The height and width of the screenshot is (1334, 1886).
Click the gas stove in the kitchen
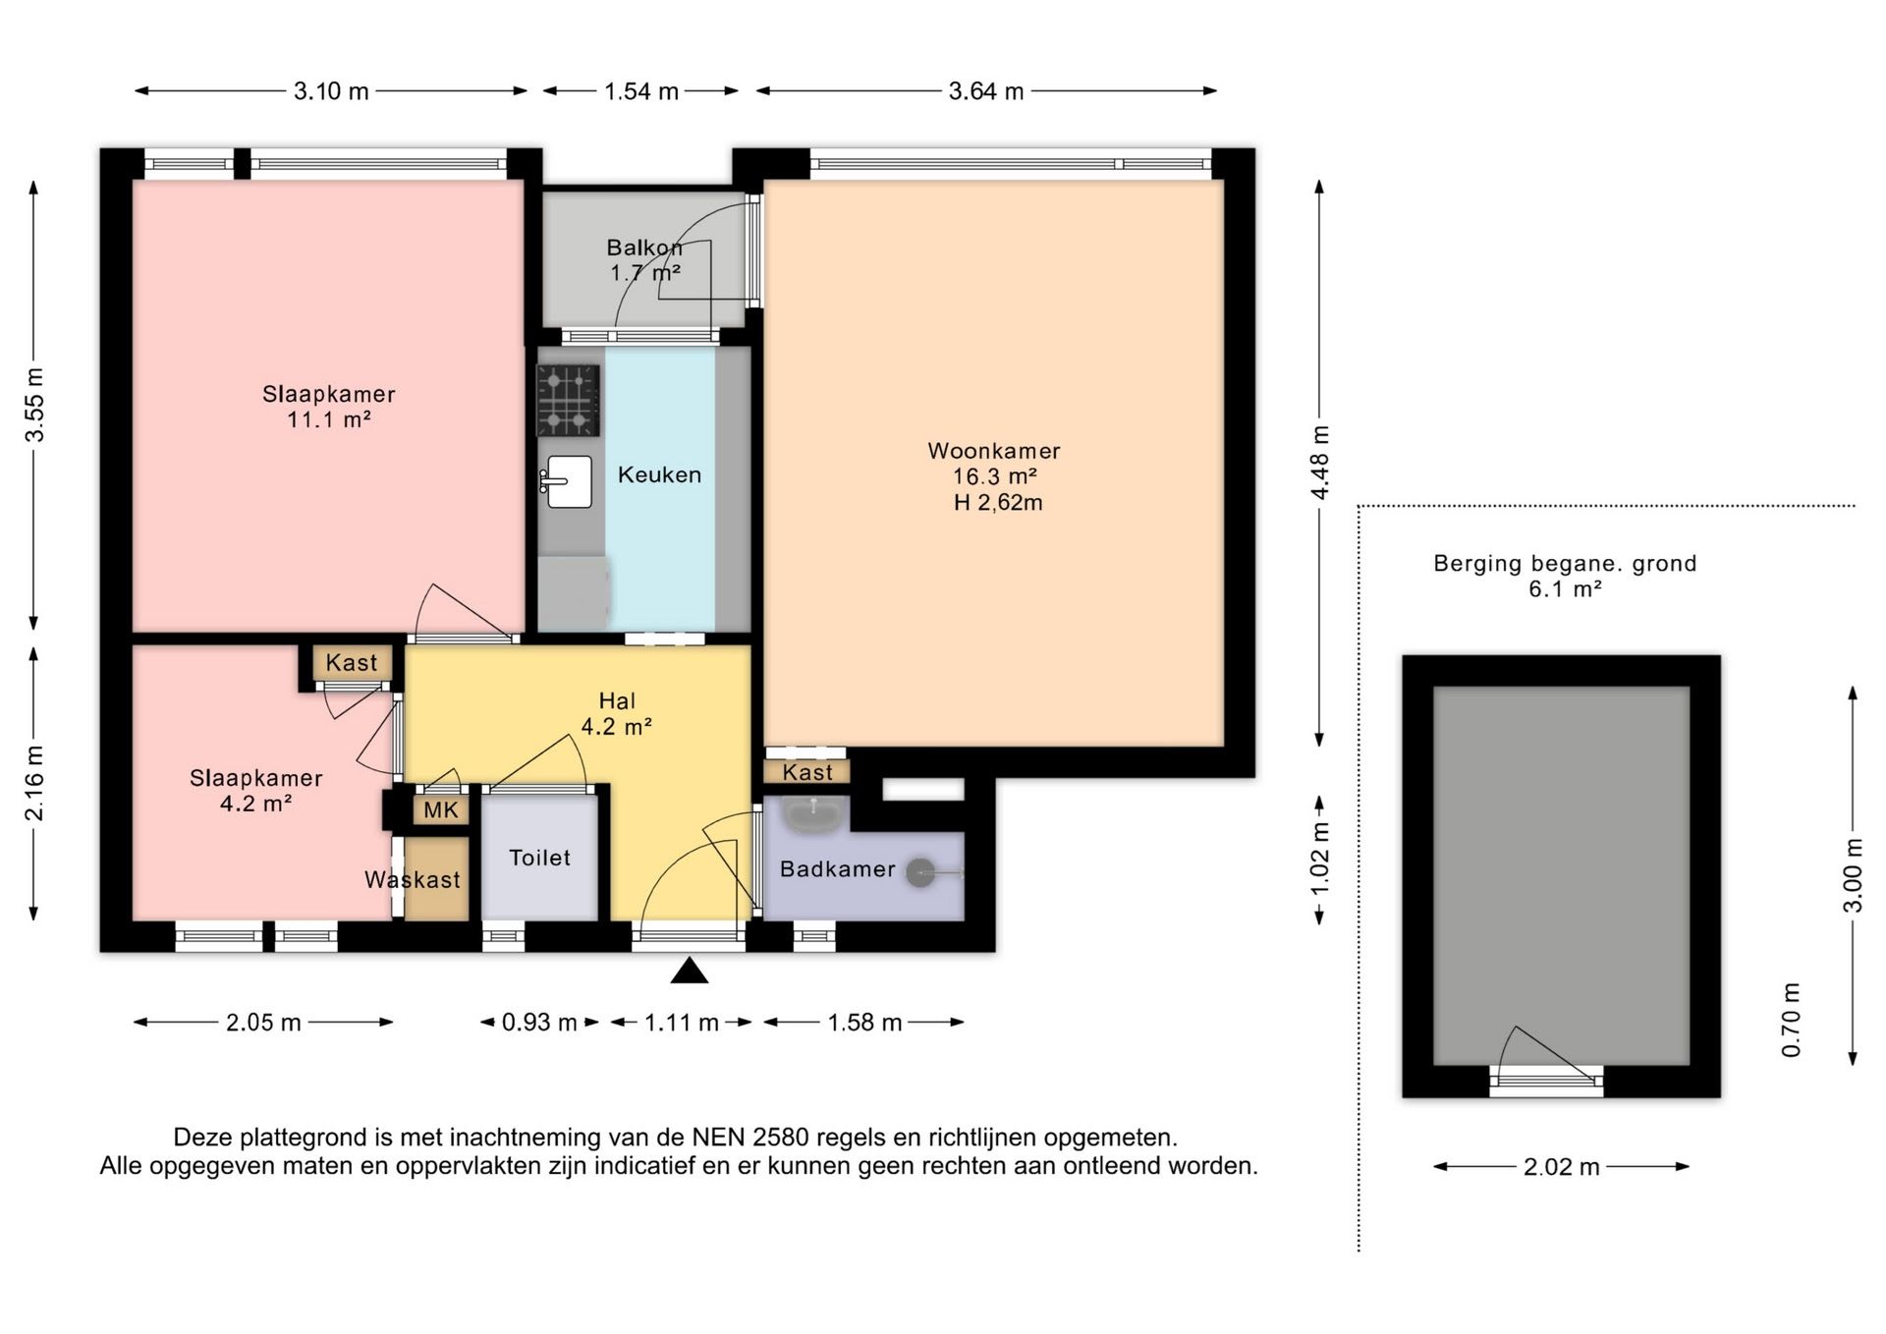tap(568, 400)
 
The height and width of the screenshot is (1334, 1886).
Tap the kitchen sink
tap(567, 481)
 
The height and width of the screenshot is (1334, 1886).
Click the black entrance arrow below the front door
tap(690, 971)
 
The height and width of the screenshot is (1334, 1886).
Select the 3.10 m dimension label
tap(331, 91)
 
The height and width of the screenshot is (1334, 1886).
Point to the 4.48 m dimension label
tap(1320, 463)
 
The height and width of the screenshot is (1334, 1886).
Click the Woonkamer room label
tap(994, 451)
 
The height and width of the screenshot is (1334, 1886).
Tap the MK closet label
tap(441, 810)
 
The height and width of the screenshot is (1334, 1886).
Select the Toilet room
tap(539, 858)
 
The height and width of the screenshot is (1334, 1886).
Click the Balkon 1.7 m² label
tap(644, 260)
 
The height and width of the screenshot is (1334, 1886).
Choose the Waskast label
tap(413, 880)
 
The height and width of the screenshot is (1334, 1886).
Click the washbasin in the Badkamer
tap(813, 814)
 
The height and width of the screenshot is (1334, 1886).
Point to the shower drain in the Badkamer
tap(920, 872)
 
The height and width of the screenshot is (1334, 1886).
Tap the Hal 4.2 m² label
tap(617, 714)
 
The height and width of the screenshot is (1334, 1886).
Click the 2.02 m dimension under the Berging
tap(1562, 1167)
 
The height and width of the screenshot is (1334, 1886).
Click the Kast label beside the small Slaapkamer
tap(352, 663)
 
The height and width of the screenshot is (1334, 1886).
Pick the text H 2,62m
tap(998, 503)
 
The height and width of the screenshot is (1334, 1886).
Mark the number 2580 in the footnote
tap(781, 1138)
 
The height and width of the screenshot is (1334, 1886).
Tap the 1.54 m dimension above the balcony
tap(641, 91)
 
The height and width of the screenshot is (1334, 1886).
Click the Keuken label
tap(659, 475)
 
